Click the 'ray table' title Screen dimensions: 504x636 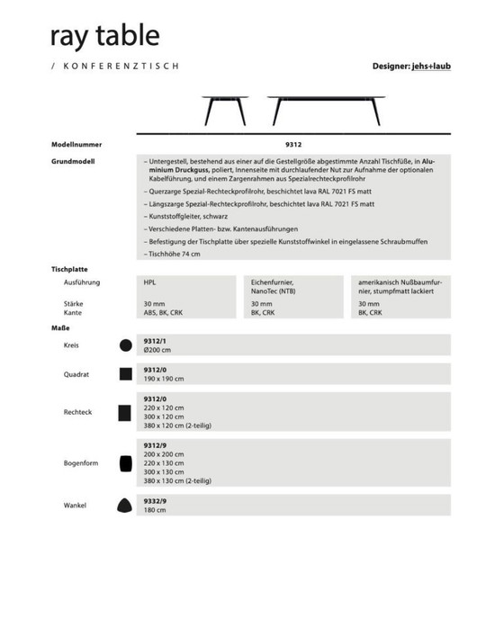pos(105,35)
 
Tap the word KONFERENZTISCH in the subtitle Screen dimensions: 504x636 pos(122,67)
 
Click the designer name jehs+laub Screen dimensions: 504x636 pos(432,67)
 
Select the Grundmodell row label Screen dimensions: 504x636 pos(74,162)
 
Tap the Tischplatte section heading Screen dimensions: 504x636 pos(69,269)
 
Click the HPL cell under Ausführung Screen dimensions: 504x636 pos(149,282)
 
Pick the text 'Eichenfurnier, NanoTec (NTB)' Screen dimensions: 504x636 pos(274,286)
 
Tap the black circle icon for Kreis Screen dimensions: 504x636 pos(125,345)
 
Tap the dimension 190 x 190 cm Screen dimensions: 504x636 pos(165,378)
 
